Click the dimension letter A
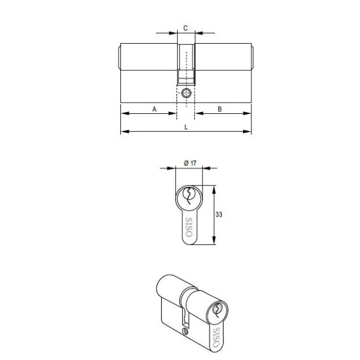pyautogui.click(x=155, y=109)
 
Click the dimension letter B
pyautogui.click(x=220, y=109)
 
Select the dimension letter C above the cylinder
pyautogui.click(x=186, y=28)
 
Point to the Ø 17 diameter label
pyautogui.click(x=189, y=162)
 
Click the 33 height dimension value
pyautogui.click(x=218, y=215)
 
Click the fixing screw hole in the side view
pyautogui.click(x=187, y=93)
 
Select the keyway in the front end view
pyautogui.click(x=189, y=195)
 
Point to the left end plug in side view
pyautogui.click(x=119, y=57)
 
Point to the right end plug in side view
pyautogui.click(x=255, y=57)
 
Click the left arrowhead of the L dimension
pyautogui.click(x=122, y=131)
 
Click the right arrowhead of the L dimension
pyautogui.click(x=251, y=131)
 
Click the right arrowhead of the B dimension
pyautogui.click(x=251, y=112)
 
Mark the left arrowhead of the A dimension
pyautogui.click(x=122, y=112)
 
